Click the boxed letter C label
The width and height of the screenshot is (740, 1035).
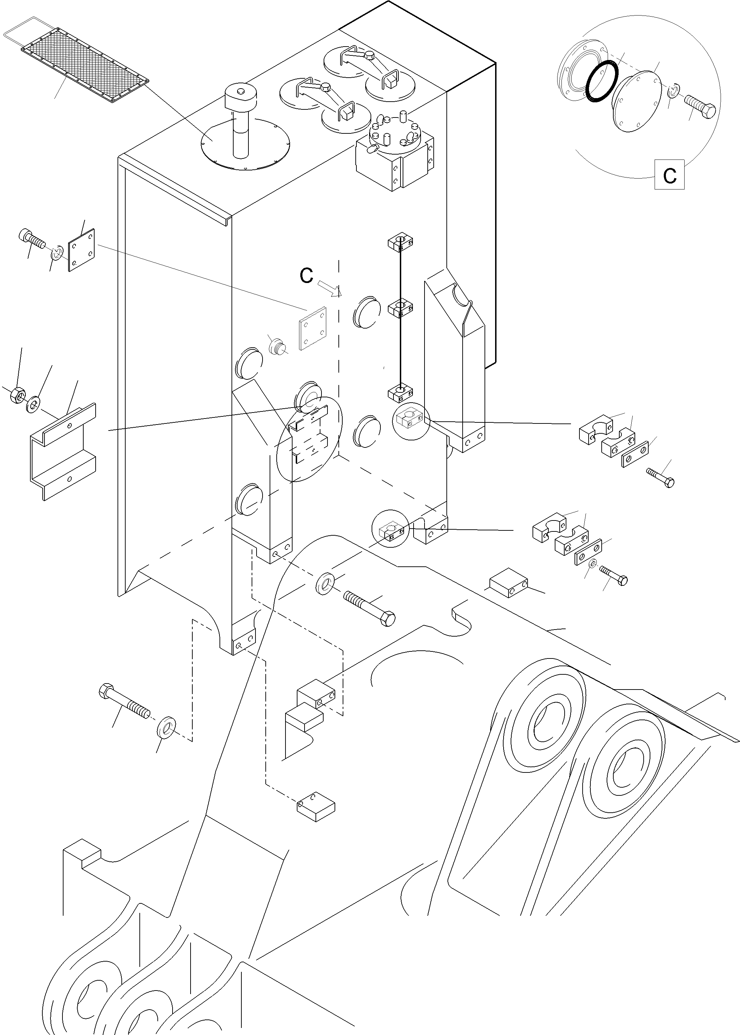pos(669,174)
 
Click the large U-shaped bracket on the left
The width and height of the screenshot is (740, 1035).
pos(63,451)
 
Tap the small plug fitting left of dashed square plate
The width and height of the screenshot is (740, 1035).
pos(276,347)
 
